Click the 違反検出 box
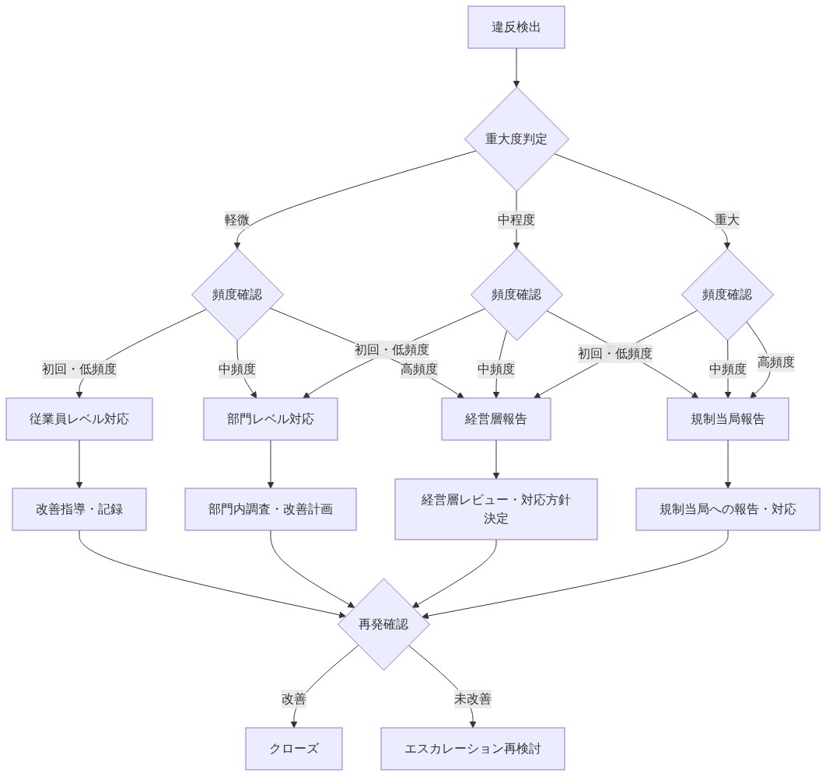click(x=516, y=27)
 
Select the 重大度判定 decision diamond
click(x=516, y=139)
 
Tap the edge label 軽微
click(x=237, y=219)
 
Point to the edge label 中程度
click(x=516, y=219)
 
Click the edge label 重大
click(x=727, y=219)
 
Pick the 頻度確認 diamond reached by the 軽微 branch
click(x=237, y=295)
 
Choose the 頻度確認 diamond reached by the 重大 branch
click(x=727, y=295)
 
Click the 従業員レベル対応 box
click(x=79, y=419)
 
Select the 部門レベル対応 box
click(x=271, y=419)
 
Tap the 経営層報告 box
click(x=496, y=419)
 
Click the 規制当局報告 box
click(x=727, y=419)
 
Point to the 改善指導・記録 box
click(x=79, y=509)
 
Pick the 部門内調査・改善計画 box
click(x=271, y=509)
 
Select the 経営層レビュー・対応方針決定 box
click(x=496, y=509)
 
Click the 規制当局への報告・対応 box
click(x=727, y=509)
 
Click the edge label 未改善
click(x=473, y=699)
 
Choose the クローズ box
click(x=294, y=749)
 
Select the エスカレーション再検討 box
click(x=473, y=749)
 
